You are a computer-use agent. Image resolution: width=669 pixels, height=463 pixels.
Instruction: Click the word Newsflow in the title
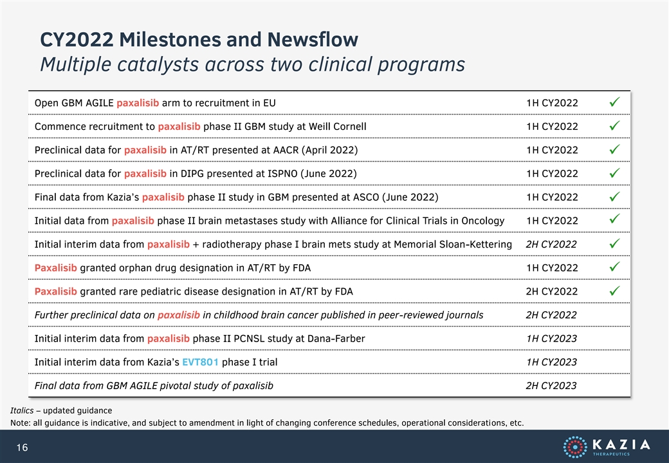313,40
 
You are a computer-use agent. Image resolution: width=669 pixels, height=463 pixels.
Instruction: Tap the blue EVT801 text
200,362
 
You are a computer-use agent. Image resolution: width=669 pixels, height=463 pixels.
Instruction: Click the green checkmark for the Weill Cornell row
614,126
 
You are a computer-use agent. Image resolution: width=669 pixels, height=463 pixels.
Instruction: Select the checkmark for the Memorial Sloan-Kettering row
614,244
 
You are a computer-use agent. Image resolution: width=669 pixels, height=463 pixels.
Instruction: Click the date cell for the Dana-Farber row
551,338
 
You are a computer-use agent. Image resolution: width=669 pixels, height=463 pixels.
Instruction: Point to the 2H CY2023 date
551,386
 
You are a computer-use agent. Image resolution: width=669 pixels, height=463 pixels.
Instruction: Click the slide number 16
22,447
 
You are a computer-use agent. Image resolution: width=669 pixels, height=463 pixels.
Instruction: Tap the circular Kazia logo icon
574,447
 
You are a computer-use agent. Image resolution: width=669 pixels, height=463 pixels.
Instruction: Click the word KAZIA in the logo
621,444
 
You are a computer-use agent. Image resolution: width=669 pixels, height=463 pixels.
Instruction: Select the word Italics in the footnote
22,410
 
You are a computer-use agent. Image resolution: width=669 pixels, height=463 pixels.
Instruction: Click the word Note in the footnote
19,423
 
